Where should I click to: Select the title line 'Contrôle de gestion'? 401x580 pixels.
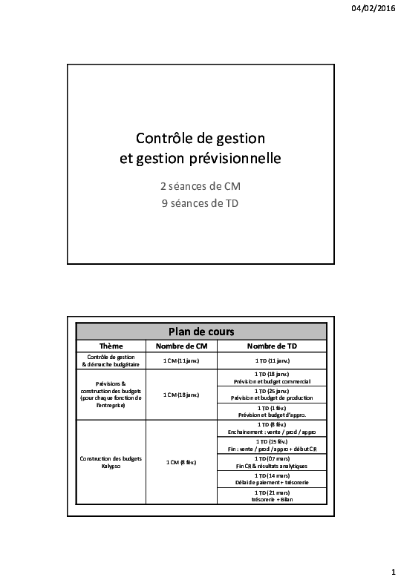pyautogui.click(x=200, y=138)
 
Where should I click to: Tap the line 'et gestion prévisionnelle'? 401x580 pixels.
pyautogui.click(x=200, y=158)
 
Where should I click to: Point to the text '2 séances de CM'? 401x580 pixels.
pyautogui.click(x=200, y=186)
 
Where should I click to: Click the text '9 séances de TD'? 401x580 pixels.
pyautogui.click(x=200, y=203)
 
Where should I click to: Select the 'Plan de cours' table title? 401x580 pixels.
pyautogui.click(x=200, y=332)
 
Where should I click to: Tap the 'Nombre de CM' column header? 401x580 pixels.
pyautogui.click(x=181, y=346)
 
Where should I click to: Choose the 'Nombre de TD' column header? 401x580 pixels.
pyautogui.click(x=271, y=346)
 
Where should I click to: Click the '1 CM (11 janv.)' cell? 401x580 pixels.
pyautogui.click(x=181, y=360)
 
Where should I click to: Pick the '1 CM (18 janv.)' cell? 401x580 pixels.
pyautogui.click(x=181, y=395)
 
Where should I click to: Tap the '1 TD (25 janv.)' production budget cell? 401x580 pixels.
pyautogui.click(x=271, y=394)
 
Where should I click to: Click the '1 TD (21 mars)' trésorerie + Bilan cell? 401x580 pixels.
pyautogui.click(x=271, y=496)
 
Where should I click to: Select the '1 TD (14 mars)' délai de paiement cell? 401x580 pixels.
pyautogui.click(x=271, y=479)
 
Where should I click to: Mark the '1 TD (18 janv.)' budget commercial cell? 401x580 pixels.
pyautogui.click(x=271, y=378)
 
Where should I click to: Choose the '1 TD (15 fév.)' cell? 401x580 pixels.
pyautogui.click(x=271, y=445)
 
